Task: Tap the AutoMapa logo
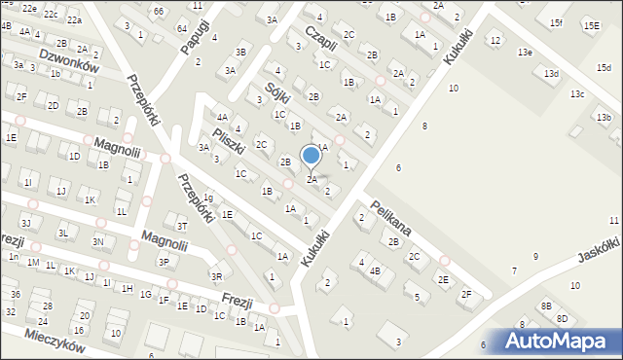[x=561, y=341]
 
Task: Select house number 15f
[x=556, y=22]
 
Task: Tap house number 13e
[x=525, y=52]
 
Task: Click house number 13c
[x=577, y=93]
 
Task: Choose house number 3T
[x=182, y=226]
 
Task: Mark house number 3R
[x=216, y=276]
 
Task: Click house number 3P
[x=164, y=261]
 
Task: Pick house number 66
[x=159, y=10]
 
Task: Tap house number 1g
[x=207, y=198]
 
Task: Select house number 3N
[x=97, y=241]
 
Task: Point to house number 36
[x=16, y=294]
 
